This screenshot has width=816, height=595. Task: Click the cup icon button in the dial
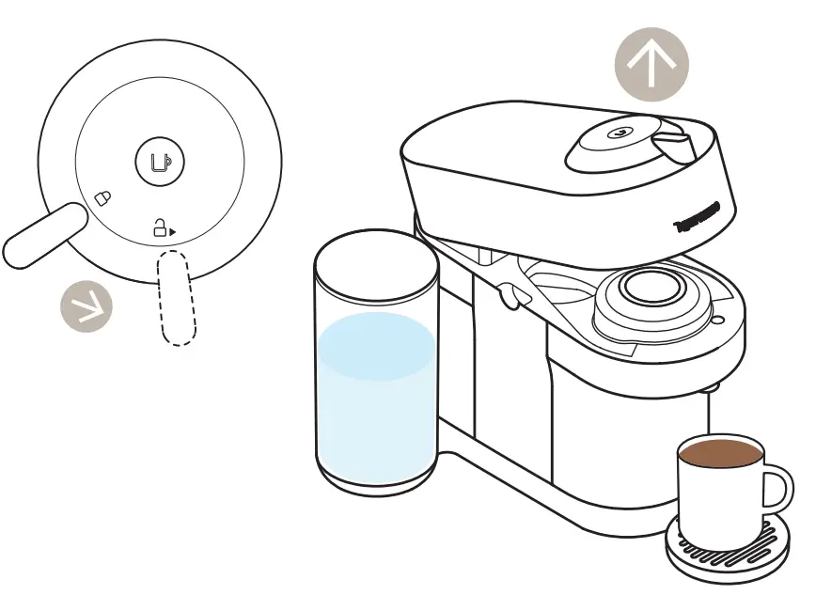(160, 161)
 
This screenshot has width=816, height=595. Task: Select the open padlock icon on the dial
(161, 227)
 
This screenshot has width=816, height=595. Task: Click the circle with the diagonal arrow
(86, 306)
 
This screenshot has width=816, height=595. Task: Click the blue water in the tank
(376, 395)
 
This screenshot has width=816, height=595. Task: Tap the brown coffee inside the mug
(721, 453)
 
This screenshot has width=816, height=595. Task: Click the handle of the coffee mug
(779, 490)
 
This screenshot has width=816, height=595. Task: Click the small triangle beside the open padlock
(173, 229)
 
